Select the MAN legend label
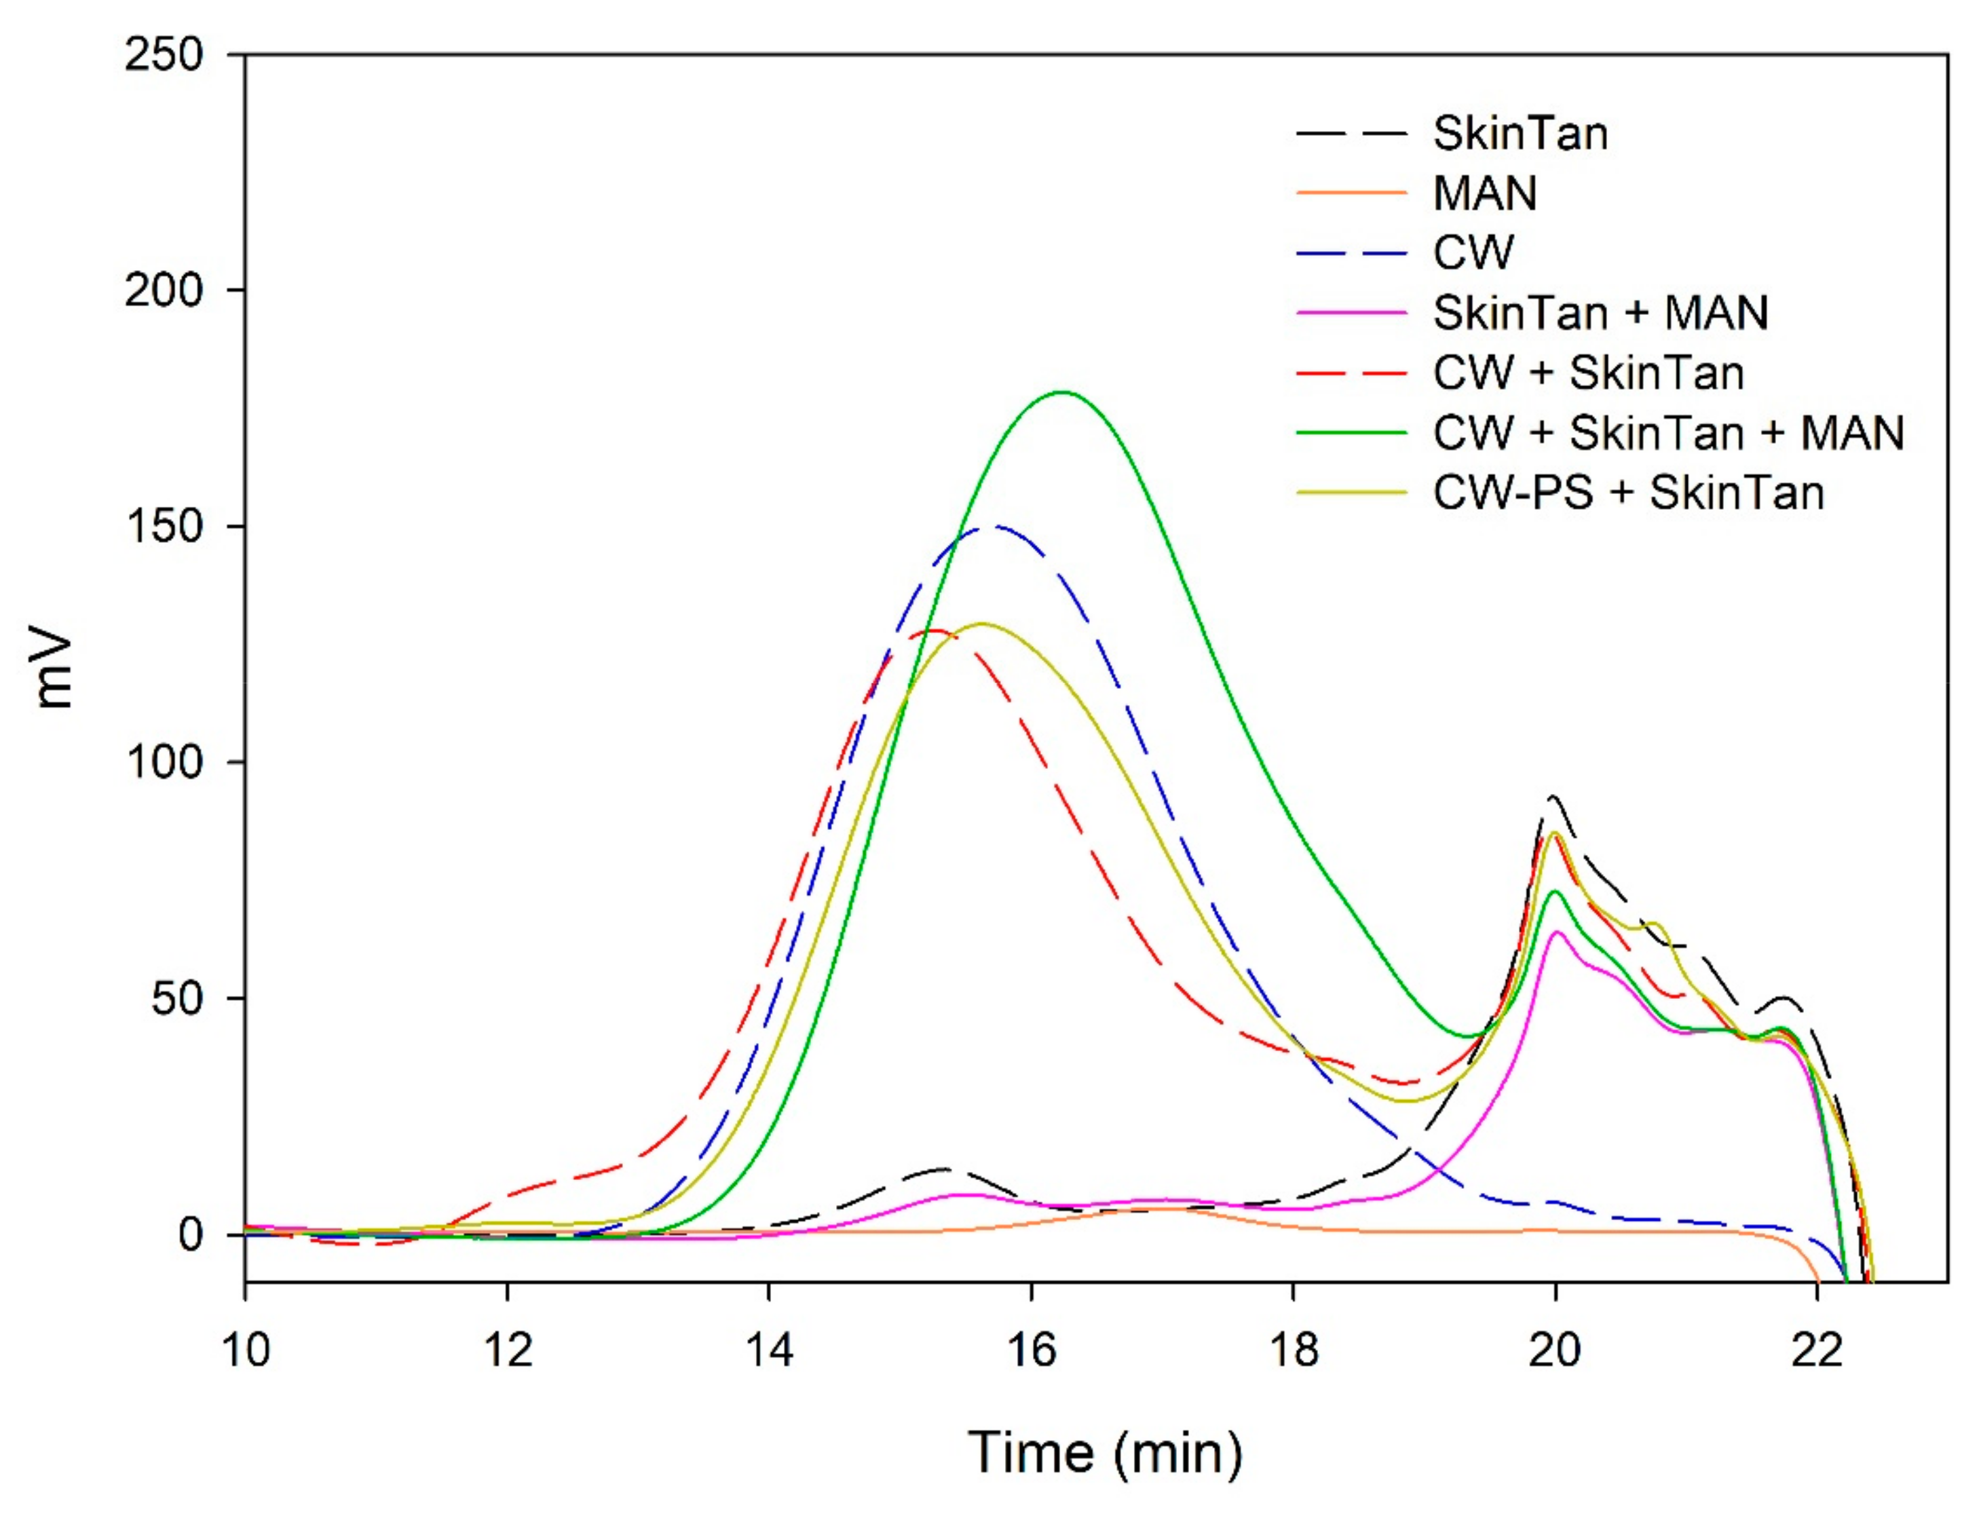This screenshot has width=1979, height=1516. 1484,193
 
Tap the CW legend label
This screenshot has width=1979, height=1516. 1473,252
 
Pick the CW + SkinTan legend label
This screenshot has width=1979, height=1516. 1588,373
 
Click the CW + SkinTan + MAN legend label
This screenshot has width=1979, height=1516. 1667,433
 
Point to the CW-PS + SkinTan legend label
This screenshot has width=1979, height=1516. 1628,493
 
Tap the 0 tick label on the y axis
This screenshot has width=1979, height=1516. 191,1234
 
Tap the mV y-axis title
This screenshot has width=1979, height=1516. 54,670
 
